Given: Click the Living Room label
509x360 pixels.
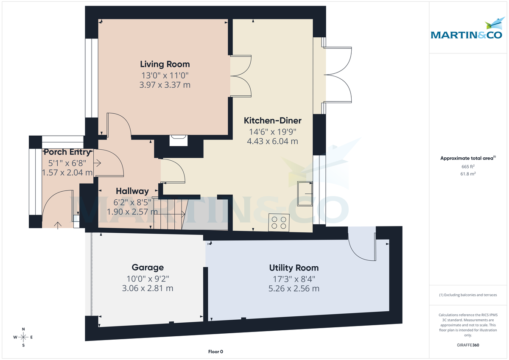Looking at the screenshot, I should [165, 64].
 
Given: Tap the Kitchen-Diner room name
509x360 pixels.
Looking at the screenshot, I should [272, 121].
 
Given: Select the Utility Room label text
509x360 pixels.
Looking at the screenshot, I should [294, 268].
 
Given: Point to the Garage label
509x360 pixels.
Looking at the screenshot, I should [148, 268].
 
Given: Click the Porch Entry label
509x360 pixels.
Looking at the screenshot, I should [67, 152].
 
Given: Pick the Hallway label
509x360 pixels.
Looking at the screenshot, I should [132, 191].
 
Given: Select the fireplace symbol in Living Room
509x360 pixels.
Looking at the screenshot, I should [178, 140].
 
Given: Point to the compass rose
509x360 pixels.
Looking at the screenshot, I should [23, 337].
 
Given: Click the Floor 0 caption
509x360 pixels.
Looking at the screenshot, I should [215, 352].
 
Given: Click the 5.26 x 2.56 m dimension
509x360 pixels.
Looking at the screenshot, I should [294, 289].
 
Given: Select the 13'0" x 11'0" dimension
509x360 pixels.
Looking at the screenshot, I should [165, 75].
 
